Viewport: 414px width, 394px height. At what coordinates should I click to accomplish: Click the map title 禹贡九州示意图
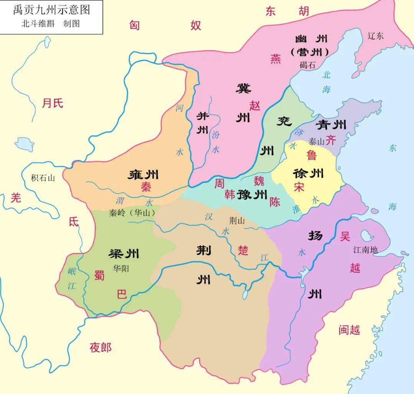51,10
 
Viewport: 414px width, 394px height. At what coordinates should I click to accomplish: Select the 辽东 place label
375,36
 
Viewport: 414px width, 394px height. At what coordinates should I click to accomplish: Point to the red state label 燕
275,59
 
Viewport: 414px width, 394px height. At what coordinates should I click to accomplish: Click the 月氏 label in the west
53,103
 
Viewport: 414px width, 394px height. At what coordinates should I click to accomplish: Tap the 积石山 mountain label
43,178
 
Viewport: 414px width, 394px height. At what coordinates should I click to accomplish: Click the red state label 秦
146,187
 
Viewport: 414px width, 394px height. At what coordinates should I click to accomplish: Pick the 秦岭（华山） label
131,213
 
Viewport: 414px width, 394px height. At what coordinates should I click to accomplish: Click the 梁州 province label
124,254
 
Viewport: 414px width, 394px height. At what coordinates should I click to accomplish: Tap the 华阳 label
121,268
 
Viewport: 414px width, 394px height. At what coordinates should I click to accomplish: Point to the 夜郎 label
100,348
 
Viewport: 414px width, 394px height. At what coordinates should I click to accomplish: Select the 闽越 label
349,330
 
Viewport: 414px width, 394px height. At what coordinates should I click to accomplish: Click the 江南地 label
365,250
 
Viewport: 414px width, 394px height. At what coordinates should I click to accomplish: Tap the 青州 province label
331,125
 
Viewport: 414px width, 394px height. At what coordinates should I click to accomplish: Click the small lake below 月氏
25,144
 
